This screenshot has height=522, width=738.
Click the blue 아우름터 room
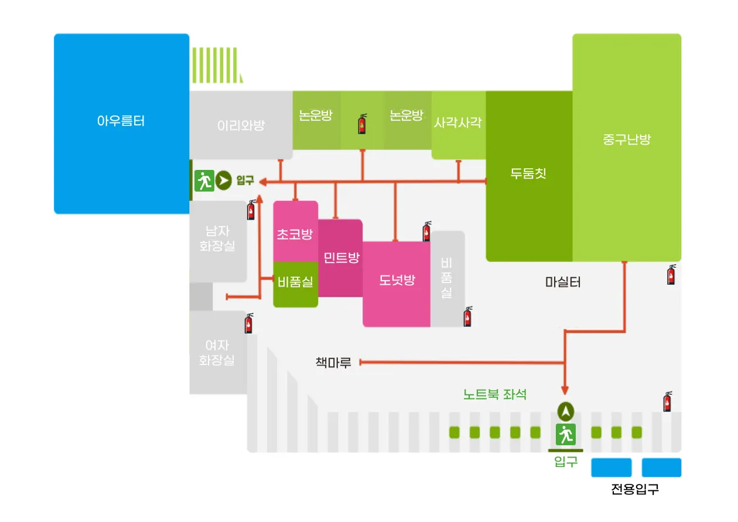tap(121, 122)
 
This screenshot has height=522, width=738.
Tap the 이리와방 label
tap(241, 125)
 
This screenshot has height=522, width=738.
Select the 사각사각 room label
tap(458, 122)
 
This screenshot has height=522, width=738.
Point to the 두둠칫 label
tap(528, 173)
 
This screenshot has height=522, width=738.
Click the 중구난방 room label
tap(627, 139)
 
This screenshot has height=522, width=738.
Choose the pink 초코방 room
tap(295, 234)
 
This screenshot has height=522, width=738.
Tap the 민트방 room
tap(341, 258)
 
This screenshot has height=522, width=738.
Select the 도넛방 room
tap(397, 280)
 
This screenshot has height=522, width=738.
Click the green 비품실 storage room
tap(295, 282)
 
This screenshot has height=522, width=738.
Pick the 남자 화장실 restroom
tap(217, 239)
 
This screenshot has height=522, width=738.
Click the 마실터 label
tap(563, 282)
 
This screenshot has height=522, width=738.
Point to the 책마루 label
tap(333, 363)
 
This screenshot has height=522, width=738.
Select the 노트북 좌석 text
tap(495, 394)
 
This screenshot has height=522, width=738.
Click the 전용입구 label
tap(634, 489)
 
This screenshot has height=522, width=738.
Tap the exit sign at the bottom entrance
tap(566, 434)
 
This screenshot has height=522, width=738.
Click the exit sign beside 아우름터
tap(203, 181)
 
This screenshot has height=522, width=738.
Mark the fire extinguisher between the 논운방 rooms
tap(363, 124)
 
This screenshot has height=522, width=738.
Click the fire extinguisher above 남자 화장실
tap(251, 210)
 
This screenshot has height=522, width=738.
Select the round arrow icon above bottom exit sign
tap(566, 412)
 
